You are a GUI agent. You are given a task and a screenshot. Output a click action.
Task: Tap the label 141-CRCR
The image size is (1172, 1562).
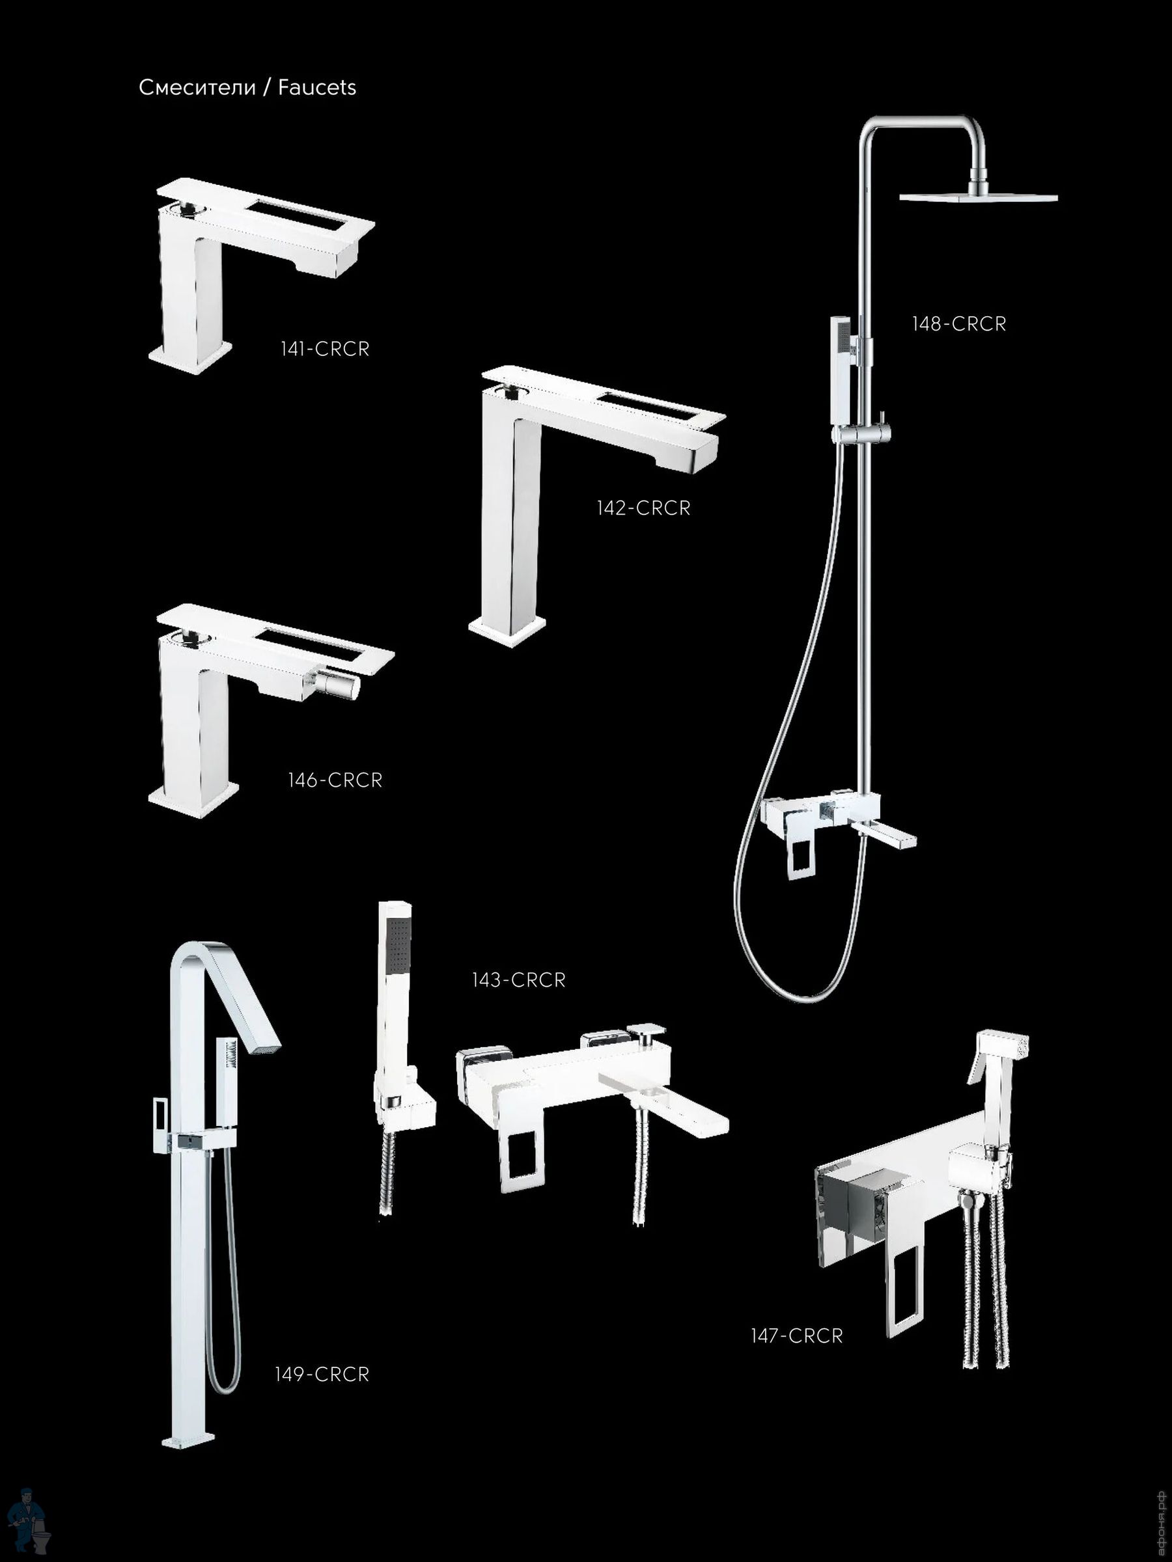pos(325,349)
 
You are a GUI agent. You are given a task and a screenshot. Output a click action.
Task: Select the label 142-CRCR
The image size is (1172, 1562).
pos(643,508)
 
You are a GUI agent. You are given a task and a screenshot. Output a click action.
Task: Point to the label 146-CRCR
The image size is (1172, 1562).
pos(335,780)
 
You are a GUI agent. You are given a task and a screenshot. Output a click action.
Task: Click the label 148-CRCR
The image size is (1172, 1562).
pos(958,324)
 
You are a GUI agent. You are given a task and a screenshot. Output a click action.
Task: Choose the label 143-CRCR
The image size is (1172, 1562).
pos(519,980)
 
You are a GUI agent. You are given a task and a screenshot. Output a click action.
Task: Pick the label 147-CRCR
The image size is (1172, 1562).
pos(797,1336)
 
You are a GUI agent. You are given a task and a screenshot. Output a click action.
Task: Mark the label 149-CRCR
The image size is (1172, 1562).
pos(322,1374)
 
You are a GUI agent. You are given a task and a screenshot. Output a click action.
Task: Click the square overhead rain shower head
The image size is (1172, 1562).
pos(978,197)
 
